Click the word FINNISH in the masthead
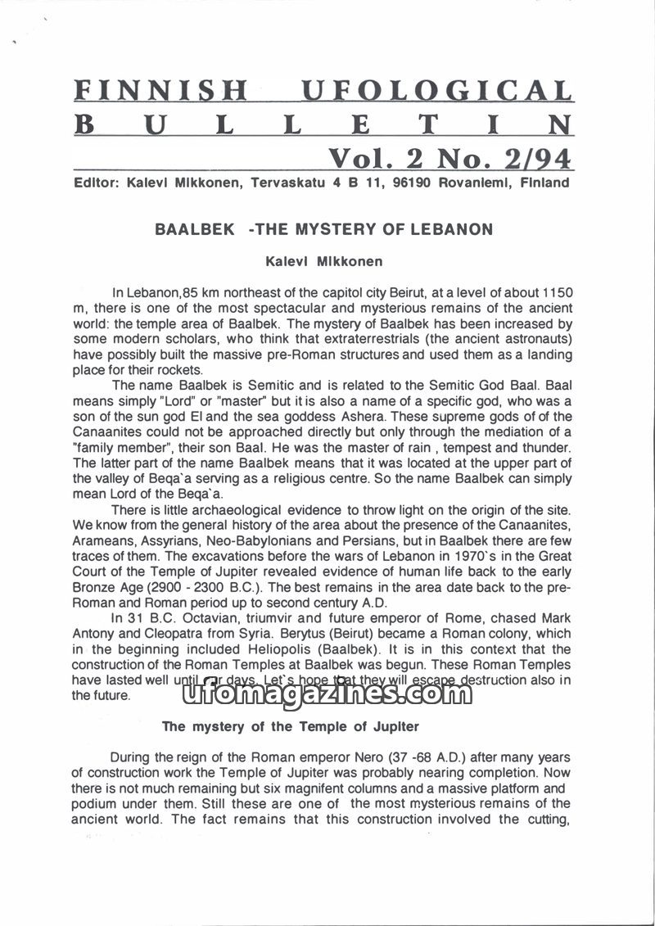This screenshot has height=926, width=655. [x=161, y=92]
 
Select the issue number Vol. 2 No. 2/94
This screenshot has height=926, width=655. [x=449, y=156]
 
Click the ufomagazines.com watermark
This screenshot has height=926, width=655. [x=322, y=694]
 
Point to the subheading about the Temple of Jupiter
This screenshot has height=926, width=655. [x=291, y=726]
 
